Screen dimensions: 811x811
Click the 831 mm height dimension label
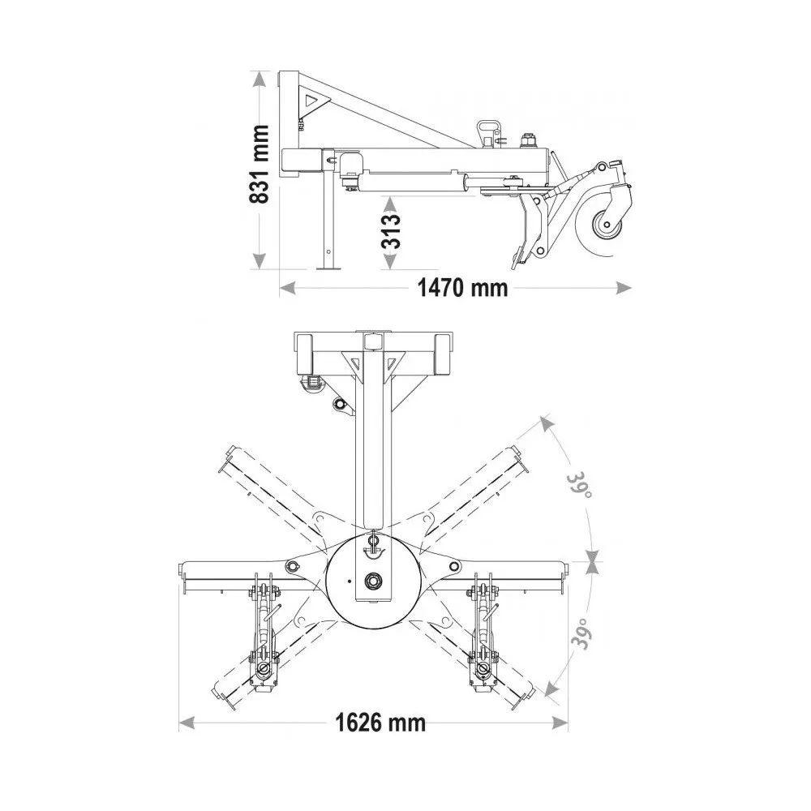coord(259,164)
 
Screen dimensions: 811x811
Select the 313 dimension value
coord(392,230)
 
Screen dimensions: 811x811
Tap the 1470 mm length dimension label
coord(462,288)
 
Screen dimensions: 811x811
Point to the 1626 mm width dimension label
coord(380,723)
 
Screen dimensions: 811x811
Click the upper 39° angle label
coord(579,485)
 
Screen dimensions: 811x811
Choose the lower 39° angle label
coord(580,633)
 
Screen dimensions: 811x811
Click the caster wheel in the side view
coord(603,226)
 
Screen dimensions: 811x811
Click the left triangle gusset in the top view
coord(353,361)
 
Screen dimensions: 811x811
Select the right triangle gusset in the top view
coord(394,362)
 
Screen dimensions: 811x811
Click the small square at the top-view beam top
coord(374,341)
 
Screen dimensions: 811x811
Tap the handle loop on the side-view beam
coord(487,131)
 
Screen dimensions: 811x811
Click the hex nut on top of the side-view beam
coord(529,139)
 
